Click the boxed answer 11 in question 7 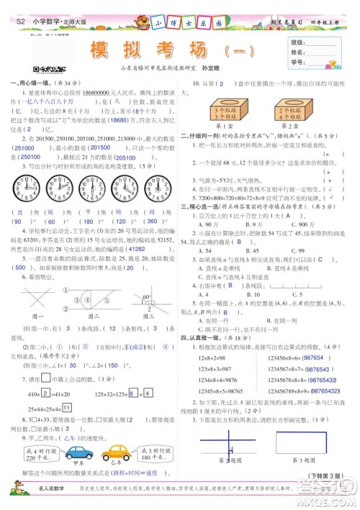click(x=66, y=406)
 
